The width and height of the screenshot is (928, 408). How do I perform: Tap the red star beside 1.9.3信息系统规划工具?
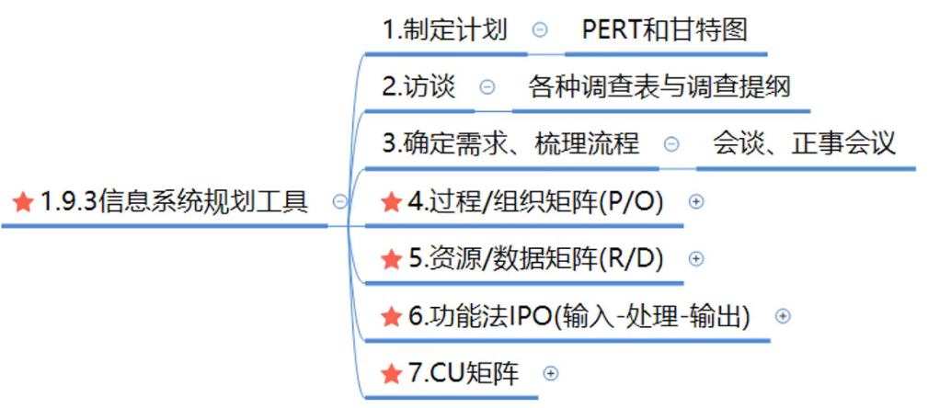click(x=24, y=201)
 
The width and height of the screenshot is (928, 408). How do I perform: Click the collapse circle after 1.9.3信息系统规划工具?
click(x=339, y=201)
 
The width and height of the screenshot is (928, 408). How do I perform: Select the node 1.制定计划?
click(x=445, y=29)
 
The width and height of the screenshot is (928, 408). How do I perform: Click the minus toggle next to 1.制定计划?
click(x=540, y=29)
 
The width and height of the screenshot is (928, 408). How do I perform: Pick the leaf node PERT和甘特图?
click(x=664, y=29)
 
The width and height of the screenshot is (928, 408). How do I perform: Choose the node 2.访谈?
click(x=419, y=86)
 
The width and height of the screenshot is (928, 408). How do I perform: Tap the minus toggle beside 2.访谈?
click(x=487, y=87)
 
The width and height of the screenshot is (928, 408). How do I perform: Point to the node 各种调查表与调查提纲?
click(x=659, y=86)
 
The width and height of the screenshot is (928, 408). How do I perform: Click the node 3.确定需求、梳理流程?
click(x=511, y=144)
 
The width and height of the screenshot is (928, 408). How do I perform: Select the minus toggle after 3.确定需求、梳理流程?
click(x=671, y=144)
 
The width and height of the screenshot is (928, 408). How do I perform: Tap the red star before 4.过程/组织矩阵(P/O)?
click(x=391, y=201)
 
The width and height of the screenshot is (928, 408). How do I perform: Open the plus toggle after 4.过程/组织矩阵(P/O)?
click(x=695, y=201)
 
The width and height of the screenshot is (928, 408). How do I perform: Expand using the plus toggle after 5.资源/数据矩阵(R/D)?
click(x=695, y=259)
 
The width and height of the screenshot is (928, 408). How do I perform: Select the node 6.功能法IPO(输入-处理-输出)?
click(x=579, y=316)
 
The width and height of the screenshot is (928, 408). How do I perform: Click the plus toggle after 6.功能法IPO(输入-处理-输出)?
click(x=783, y=316)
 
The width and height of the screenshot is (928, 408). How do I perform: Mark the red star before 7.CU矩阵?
click(x=391, y=373)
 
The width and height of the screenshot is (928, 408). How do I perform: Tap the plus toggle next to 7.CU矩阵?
click(x=550, y=373)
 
